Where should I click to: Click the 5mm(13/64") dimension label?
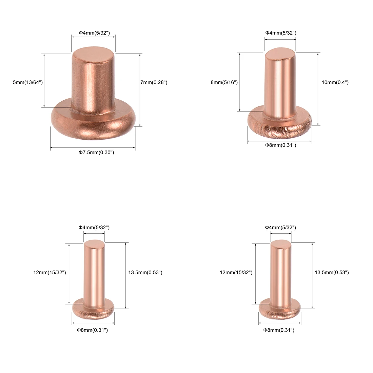(x=28, y=82)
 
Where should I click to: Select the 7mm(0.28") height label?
(x=154, y=82)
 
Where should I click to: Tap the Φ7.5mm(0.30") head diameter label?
(x=96, y=152)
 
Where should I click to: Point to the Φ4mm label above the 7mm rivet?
(x=95, y=33)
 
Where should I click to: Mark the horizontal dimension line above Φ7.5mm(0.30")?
(x=93, y=148)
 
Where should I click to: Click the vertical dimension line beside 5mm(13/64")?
(x=44, y=81)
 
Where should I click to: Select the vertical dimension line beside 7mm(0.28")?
(x=140, y=90)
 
